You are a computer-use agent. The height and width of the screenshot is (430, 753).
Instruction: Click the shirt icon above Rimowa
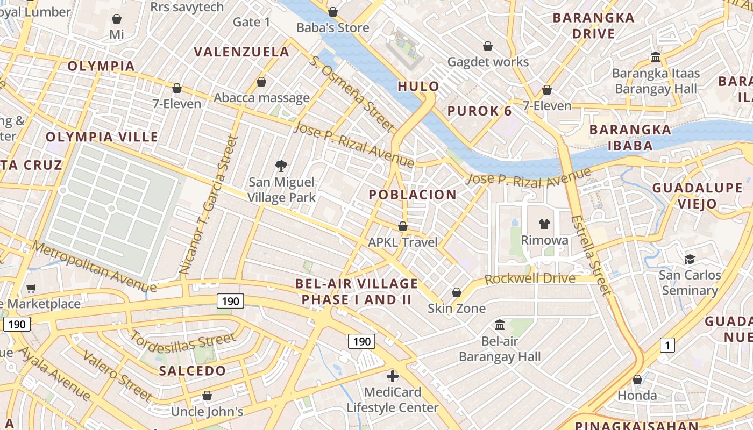point(544,224)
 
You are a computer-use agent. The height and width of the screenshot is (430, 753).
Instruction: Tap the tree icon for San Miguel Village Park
point(280,166)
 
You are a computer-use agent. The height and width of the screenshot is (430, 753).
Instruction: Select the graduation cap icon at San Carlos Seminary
point(690,260)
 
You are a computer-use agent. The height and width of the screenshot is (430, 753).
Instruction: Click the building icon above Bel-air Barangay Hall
point(500,325)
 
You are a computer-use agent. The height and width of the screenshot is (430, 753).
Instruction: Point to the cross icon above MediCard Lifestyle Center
point(393,376)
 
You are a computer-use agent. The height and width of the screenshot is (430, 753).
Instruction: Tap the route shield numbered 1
point(667,345)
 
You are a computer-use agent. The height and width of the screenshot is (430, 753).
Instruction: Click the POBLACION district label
point(413,195)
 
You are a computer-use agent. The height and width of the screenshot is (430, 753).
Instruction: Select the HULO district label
point(418,87)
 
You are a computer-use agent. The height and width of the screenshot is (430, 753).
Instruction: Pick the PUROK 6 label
point(480,111)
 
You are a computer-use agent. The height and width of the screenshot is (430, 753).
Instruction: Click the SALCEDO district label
point(193,371)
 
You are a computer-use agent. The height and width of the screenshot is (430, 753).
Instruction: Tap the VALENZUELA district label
point(241,52)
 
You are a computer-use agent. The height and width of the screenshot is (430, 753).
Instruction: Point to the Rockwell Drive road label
point(530,279)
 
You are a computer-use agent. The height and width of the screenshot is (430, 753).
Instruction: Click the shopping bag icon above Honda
point(637,379)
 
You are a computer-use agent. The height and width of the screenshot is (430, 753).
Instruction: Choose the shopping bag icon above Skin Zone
point(457,292)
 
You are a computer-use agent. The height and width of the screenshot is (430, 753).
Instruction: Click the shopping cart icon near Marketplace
point(31,288)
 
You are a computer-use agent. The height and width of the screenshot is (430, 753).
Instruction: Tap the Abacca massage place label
point(261,98)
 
